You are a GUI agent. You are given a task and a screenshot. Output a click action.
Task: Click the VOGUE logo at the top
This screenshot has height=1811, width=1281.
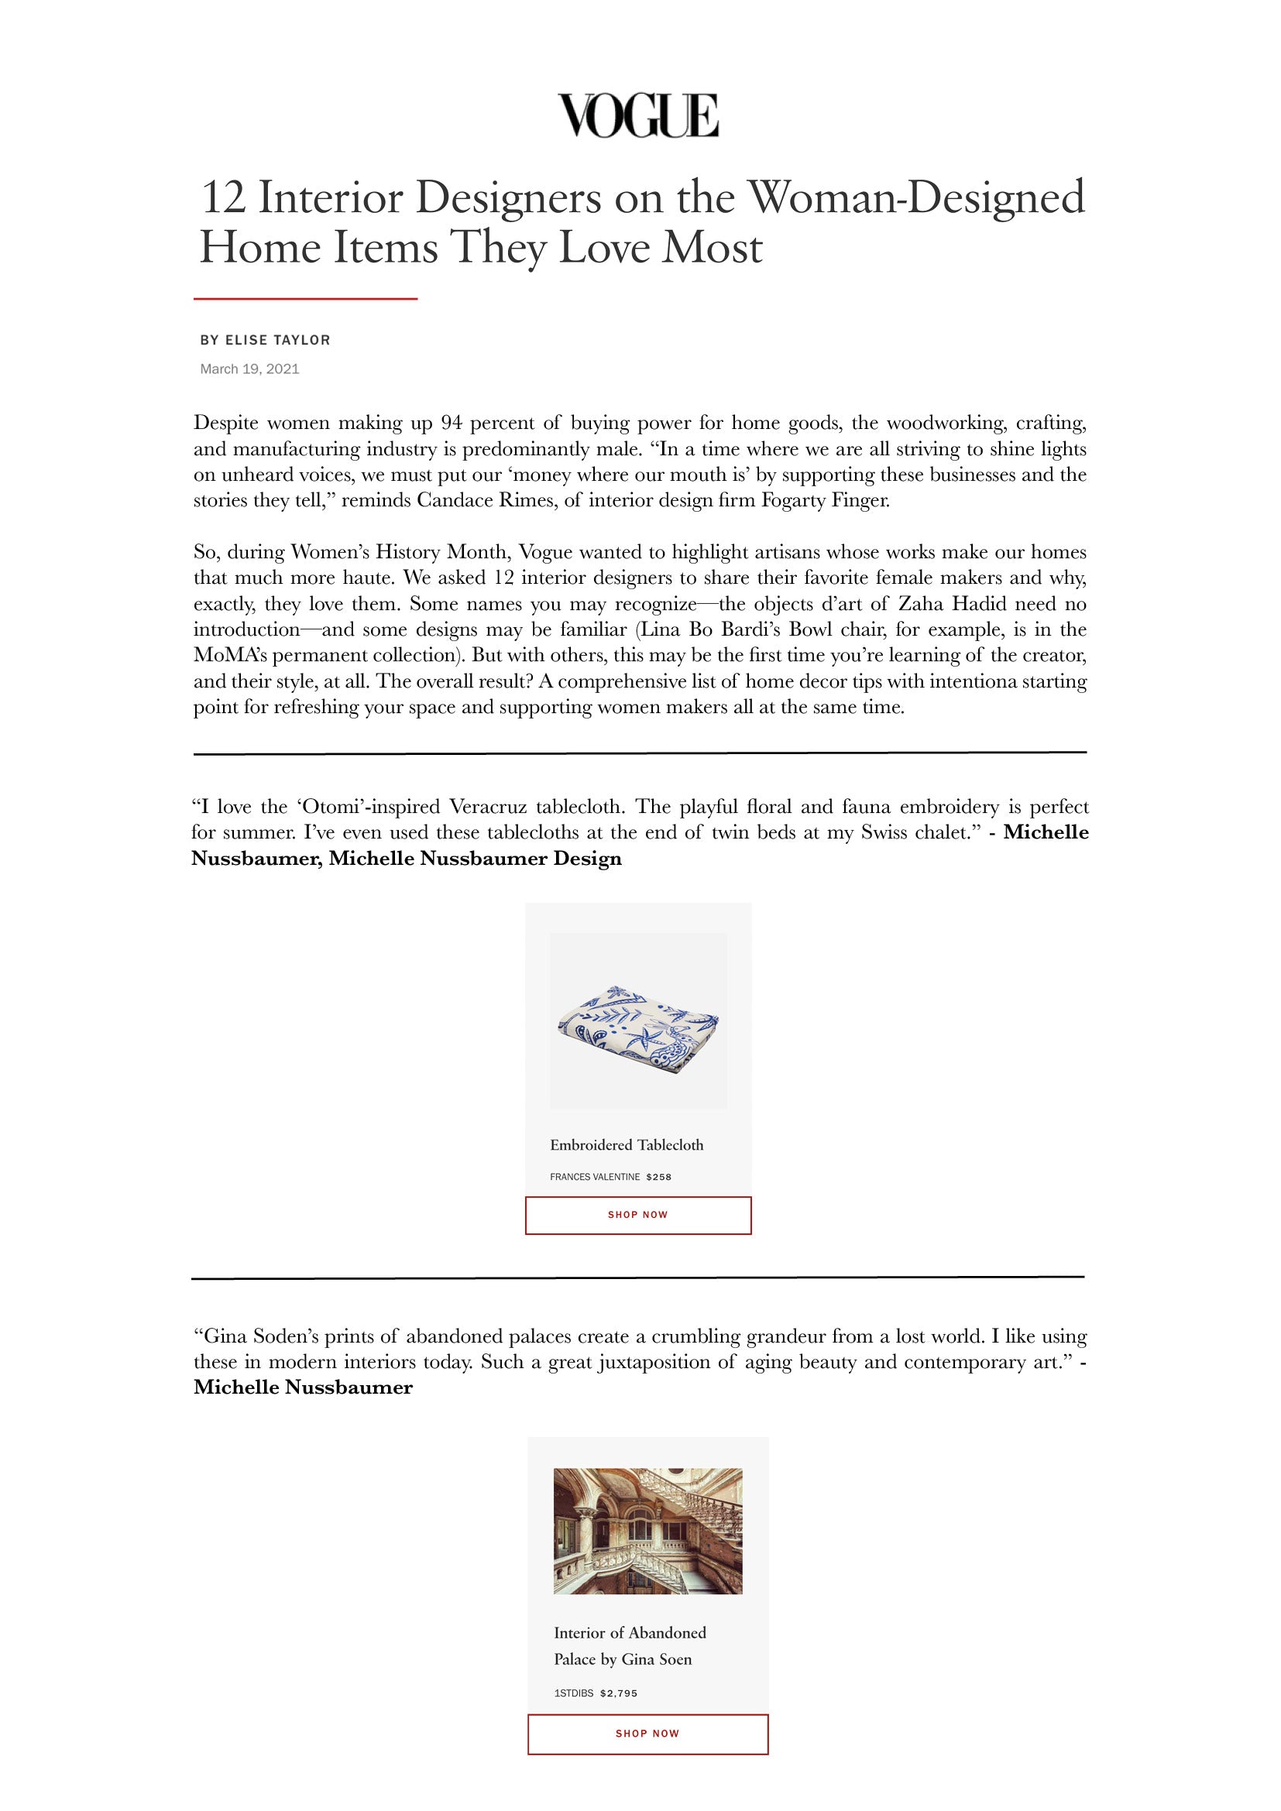tap(638, 115)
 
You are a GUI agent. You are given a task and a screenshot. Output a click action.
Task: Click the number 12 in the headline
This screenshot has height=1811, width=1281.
tap(223, 197)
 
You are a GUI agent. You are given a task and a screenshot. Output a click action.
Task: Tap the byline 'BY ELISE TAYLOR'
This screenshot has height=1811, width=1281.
tap(265, 340)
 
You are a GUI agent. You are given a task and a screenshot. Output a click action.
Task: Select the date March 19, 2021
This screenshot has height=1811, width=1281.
tap(249, 369)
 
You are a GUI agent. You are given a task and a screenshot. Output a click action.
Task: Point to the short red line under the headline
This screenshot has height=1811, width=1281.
tap(305, 299)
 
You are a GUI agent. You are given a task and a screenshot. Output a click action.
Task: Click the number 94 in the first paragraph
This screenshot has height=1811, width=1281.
tap(452, 423)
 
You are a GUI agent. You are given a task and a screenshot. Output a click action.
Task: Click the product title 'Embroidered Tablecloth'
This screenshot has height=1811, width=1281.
tap(627, 1144)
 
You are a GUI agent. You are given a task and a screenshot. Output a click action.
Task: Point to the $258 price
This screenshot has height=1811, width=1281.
tap(658, 1177)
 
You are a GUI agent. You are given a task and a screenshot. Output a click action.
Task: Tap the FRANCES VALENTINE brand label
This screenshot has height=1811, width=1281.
tap(595, 1177)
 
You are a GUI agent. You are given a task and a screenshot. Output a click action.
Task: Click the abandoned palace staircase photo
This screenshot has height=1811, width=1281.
tap(647, 1531)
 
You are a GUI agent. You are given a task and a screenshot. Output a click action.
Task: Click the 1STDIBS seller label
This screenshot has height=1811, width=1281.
tap(573, 1693)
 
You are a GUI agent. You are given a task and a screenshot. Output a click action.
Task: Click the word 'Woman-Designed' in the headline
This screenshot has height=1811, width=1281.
tap(915, 197)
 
